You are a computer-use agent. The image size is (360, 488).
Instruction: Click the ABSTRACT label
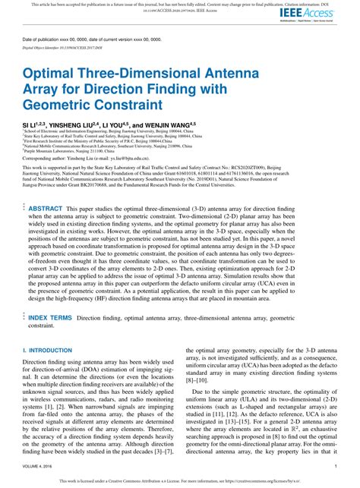46,207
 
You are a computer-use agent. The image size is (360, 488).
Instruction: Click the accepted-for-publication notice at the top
180,4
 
